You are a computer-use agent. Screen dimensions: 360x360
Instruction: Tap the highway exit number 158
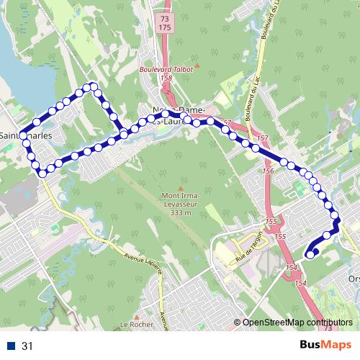[167, 78]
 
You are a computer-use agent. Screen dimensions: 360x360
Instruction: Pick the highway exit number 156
[269, 171]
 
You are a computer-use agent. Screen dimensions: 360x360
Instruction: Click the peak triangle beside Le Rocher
[135, 315]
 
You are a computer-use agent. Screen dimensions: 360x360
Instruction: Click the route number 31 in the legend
[27, 346]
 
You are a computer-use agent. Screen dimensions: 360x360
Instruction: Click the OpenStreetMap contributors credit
[299, 323]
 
